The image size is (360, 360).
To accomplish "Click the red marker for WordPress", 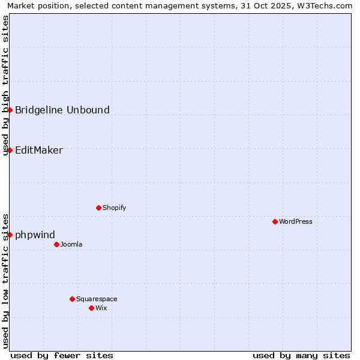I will tap(275, 221).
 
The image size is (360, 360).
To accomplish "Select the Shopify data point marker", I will tap(98, 208).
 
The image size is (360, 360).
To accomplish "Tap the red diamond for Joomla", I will tap(56, 244).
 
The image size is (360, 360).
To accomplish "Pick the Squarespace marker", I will tap(72, 299).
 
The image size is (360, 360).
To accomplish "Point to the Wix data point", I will tap(91, 308).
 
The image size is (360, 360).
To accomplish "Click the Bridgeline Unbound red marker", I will tap(10, 110).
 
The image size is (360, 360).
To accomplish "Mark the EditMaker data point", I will tap(10, 150).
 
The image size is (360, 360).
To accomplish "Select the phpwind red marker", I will tap(10, 235).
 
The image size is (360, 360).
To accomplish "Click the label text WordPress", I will tap(296, 221).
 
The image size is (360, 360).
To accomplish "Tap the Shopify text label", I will tap(114, 208).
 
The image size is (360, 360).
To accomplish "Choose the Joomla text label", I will tap(71, 244).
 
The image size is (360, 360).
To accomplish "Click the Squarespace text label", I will tap(97, 299).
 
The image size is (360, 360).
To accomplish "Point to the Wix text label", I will tap(101, 308).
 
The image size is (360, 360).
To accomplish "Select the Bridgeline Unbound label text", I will tap(62, 110).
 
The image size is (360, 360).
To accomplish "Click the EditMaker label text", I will tap(39, 150).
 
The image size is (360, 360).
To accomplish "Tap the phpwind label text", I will tap(35, 235).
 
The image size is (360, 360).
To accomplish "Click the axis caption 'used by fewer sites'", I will tap(62, 355).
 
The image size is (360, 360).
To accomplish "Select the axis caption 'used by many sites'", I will tap(301, 355).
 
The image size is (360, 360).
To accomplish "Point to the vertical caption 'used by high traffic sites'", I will tap(6, 85).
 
